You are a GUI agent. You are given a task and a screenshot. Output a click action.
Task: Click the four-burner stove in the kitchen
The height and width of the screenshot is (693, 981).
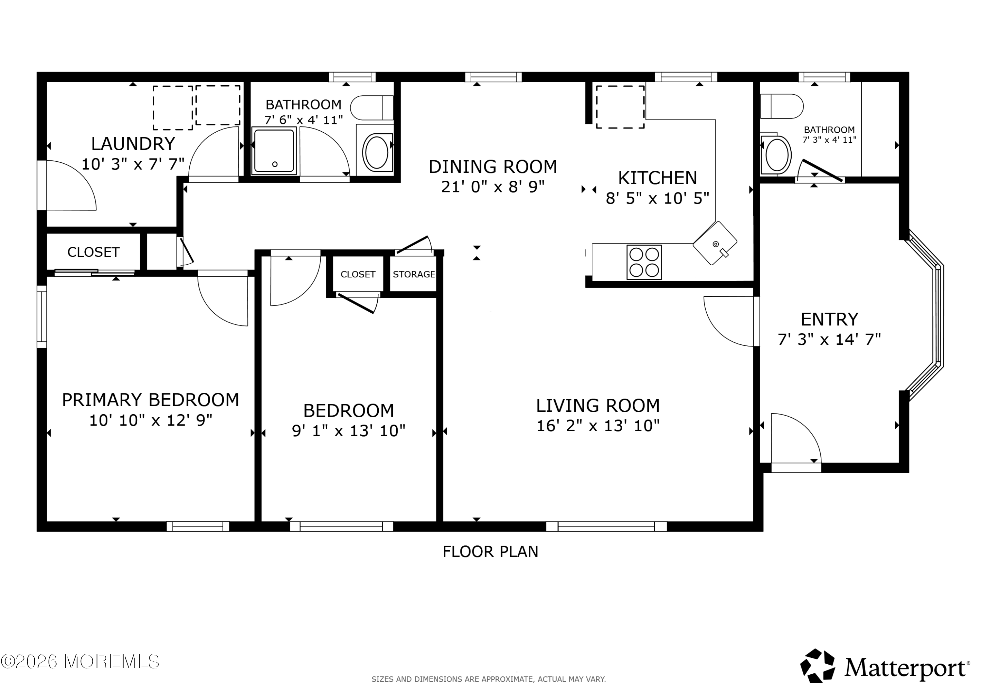[644, 262]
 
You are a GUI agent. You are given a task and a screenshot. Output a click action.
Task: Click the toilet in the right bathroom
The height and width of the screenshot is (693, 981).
[782, 106]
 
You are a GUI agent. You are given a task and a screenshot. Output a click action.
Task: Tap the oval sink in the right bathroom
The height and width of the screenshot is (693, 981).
[776, 155]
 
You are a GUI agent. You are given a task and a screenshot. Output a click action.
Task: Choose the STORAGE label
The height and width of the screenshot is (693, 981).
[414, 274]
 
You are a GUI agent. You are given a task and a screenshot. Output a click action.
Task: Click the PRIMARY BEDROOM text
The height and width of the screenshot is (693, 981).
[150, 400]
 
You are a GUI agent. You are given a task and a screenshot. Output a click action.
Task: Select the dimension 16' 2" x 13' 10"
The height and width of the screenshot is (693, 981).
[598, 426]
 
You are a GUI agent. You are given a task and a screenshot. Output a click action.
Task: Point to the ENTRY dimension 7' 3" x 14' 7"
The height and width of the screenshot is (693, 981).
[829, 339]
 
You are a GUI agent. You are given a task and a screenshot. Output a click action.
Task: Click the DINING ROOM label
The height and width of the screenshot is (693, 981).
[493, 167]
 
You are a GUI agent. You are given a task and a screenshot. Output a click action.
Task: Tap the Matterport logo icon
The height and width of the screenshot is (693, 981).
[817, 666]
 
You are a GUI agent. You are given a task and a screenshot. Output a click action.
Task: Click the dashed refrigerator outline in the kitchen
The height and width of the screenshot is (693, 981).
[620, 107]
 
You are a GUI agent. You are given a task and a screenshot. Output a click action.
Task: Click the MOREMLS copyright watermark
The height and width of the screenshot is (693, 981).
[80, 661]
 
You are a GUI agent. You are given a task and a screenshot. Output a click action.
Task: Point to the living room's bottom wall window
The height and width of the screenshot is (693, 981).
[606, 526]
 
